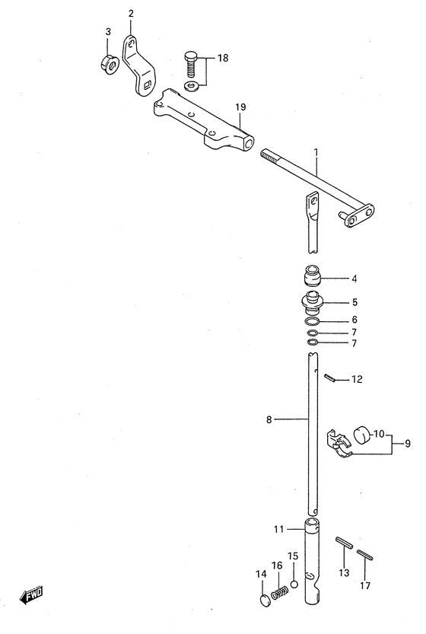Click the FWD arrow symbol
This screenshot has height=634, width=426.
(31, 596)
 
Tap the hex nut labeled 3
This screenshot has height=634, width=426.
(109, 63)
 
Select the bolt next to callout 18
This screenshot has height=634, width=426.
(192, 64)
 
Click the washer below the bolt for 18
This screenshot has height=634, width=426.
(190, 86)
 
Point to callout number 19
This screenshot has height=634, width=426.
(240, 107)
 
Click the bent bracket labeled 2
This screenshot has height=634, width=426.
(138, 67)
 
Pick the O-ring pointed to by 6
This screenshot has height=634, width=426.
(313, 321)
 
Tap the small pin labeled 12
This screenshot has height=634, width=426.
(329, 378)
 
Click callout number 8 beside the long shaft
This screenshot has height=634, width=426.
(269, 419)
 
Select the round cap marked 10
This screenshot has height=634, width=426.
(363, 435)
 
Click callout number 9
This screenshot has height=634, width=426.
(408, 444)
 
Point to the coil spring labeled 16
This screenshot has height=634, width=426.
(279, 594)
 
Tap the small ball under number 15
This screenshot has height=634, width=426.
(294, 584)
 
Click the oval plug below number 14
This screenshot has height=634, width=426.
(263, 600)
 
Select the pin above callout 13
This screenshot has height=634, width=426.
(344, 542)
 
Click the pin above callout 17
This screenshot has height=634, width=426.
(364, 554)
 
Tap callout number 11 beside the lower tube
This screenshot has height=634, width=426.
(279, 529)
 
